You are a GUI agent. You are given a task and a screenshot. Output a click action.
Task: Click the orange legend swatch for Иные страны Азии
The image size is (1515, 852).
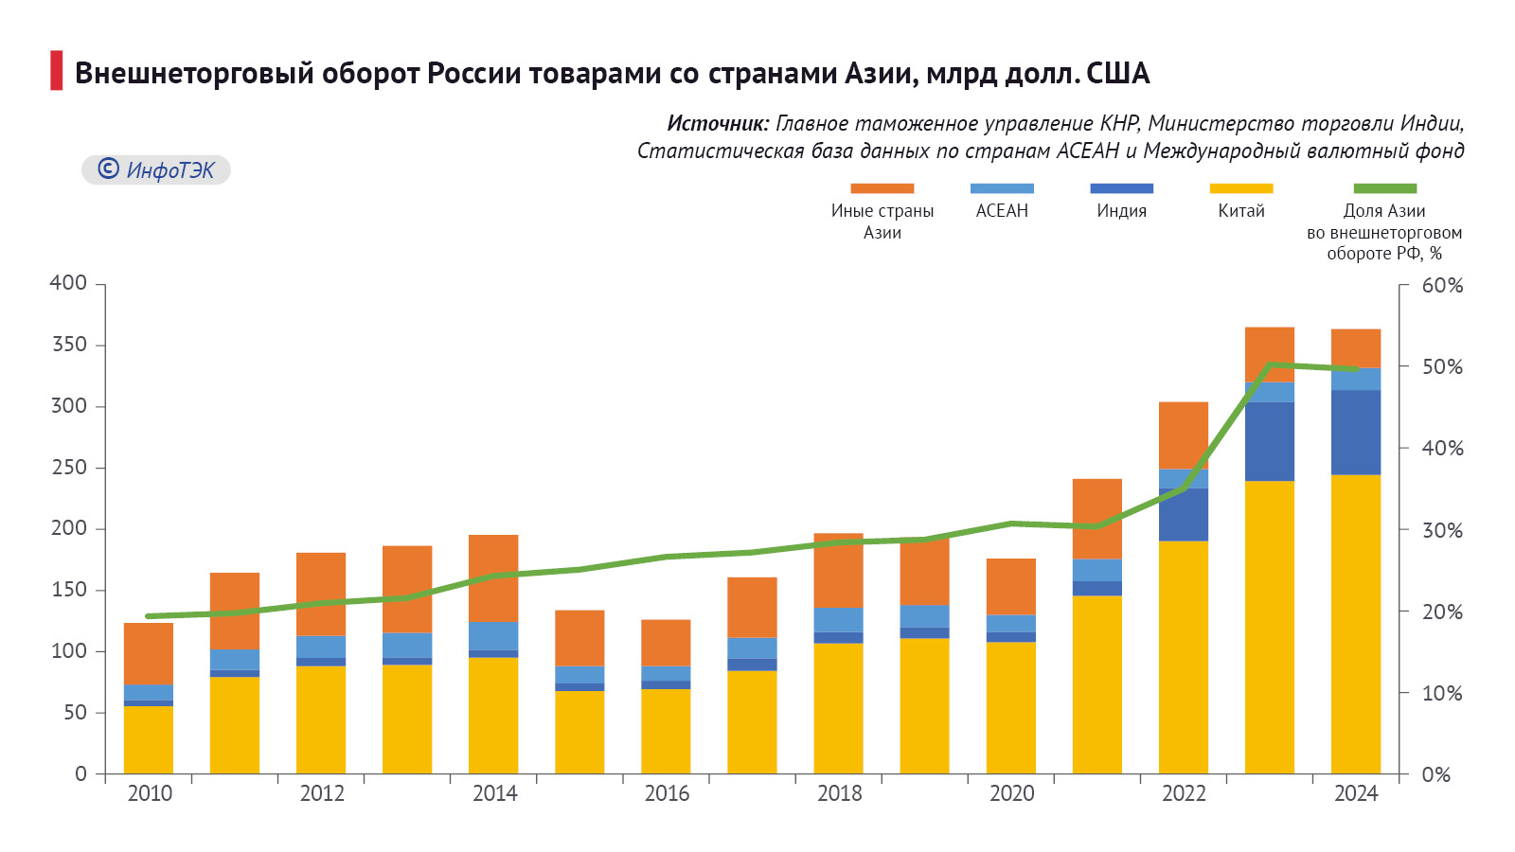(x=882, y=188)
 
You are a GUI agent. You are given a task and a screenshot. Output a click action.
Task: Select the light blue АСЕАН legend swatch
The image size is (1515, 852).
(x=1002, y=188)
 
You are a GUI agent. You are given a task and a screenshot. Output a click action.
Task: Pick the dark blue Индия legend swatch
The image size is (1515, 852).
(x=1121, y=188)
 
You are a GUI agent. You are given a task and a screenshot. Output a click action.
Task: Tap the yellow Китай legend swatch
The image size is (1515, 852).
(x=1240, y=188)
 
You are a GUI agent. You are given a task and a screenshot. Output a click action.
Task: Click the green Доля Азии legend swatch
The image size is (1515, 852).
(x=1384, y=188)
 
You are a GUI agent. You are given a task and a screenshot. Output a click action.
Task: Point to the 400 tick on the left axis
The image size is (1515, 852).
(x=68, y=283)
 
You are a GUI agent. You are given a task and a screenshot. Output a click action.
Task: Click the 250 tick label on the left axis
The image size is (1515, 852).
(x=68, y=468)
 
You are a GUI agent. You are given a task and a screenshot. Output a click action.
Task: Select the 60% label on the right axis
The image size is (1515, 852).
(x=1442, y=286)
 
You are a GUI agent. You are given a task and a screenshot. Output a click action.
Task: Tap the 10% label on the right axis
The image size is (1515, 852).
(x=1442, y=694)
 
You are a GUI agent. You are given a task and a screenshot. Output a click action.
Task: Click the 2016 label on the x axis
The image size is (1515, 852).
(x=667, y=794)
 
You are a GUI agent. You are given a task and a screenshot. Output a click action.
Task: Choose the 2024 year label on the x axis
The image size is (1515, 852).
(x=1356, y=794)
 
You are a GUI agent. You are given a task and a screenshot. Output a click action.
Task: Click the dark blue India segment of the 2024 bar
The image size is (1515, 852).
(x=1356, y=433)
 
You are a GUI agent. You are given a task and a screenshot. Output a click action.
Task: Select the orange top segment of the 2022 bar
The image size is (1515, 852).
(x=1184, y=435)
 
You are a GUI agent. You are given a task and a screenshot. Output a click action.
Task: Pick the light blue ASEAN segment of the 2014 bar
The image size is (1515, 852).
(x=493, y=636)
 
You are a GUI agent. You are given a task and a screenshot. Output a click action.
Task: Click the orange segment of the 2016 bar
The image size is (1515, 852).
(x=666, y=643)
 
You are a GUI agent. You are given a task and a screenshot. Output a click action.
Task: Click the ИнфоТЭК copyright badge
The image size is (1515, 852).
(x=156, y=169)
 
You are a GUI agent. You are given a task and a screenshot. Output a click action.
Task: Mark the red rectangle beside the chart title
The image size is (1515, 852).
(x=57, y=71)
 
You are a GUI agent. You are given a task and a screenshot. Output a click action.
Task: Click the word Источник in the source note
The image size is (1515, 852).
(x=718, y=123)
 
